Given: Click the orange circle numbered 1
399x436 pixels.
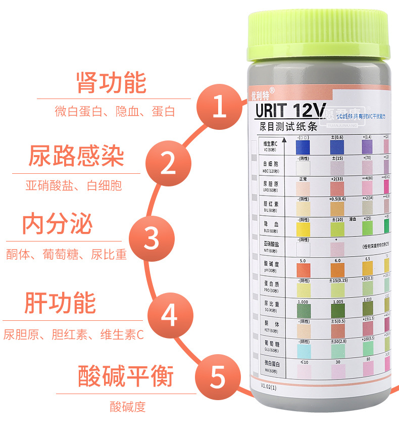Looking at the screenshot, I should click(219, 108).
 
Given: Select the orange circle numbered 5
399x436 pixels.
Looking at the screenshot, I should click(218, 376).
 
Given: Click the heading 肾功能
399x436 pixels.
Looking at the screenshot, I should click(111, 83).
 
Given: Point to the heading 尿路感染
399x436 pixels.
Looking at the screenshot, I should click(76, 157).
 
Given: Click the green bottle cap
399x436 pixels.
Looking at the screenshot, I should click(319, 38).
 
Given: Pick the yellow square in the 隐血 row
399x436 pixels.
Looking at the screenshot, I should click(303, 228).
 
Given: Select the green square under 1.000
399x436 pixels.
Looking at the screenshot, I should click(303, 310).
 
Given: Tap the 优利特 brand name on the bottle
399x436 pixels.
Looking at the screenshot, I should click(262, 93).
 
